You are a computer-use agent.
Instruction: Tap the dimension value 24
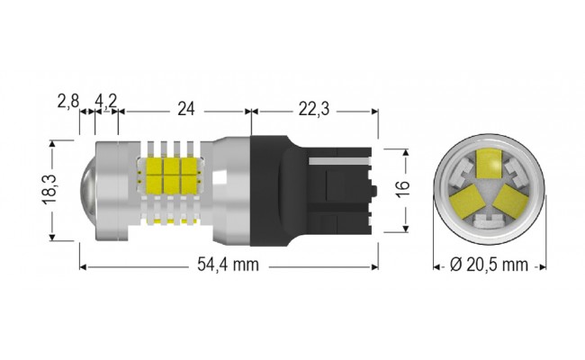click(186, 109)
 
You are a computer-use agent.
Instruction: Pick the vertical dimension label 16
click(403, 188)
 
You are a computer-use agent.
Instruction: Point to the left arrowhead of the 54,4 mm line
click(84, 266)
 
